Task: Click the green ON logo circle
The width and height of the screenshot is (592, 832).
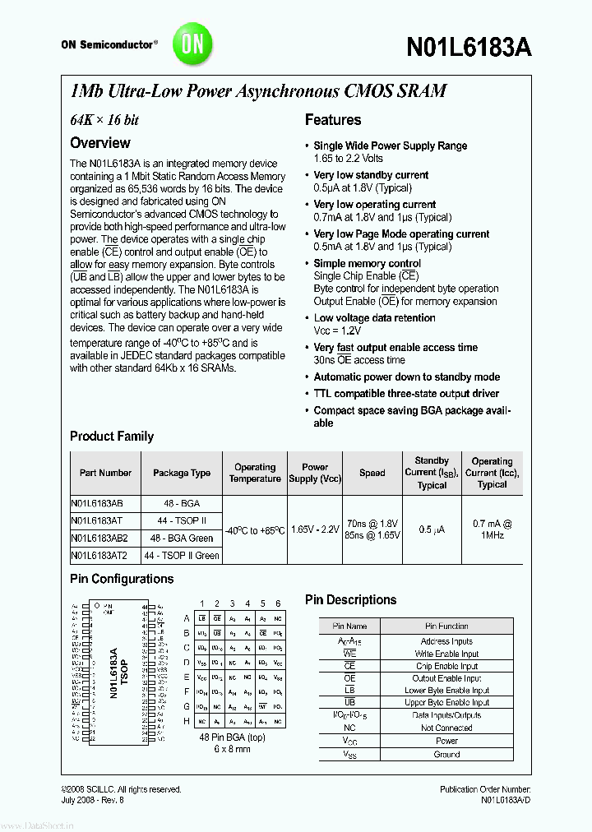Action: click(192, 44)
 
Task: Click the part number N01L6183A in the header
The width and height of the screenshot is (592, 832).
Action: click(469, 47)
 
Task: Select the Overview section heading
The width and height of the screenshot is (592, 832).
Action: click(99, 142)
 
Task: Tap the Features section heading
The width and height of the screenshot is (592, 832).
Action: click(333, 120)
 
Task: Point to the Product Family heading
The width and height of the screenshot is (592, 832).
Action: click(112, 436)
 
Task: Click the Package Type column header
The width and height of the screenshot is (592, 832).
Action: click(182, 473)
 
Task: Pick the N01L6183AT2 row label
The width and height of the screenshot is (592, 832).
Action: click(99, 556)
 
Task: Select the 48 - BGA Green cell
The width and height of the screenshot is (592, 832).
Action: click(182, 538)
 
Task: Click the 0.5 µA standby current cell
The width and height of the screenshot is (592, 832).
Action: click(431, 529)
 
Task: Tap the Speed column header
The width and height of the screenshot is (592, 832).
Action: click(372, 473)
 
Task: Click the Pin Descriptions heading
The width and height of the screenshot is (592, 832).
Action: click(350, 600)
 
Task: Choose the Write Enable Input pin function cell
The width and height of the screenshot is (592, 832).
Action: click(446, 654)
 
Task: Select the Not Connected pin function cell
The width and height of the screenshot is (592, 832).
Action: click(446, 728)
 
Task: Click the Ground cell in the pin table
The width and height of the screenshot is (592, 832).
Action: click(446, 754)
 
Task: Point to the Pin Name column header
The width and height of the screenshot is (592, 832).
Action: click(349, 626)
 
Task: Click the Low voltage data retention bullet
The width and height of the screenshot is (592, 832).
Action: click(374, 318)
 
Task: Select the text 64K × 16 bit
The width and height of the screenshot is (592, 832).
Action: click(104, 120)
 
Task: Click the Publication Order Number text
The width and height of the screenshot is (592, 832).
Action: click(491, 789)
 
